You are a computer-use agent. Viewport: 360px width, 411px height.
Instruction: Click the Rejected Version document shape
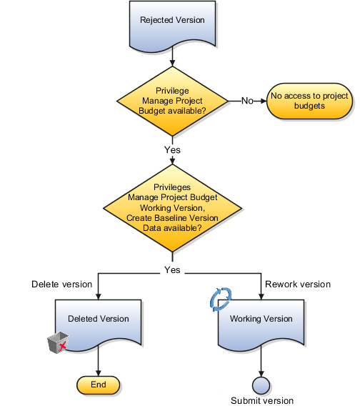click(x=171, y=24)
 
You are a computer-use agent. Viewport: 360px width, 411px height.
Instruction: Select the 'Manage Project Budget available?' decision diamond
click(x=171, y=101)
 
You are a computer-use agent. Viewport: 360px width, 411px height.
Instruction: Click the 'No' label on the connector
click(x=247, y=101)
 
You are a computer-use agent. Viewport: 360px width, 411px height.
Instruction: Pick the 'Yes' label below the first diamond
click(x=171, y=150)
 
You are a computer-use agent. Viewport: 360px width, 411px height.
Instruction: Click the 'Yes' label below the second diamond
click(x=171, y=270)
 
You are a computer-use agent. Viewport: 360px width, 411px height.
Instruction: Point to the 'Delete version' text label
click(x=62, y=284)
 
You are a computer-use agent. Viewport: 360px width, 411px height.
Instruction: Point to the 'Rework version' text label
click(x=298, y=284)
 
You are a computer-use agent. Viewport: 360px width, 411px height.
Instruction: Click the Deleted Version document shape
click(x=98, y=322)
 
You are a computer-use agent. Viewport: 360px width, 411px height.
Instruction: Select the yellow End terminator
click(x=98, y=385)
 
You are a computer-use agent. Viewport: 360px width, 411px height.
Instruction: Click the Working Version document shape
click(x=261, y=322)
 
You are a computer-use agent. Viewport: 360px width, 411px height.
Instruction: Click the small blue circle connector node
click(x=261, y=385)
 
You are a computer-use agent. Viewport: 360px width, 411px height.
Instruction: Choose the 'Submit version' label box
click(x=261, y=400)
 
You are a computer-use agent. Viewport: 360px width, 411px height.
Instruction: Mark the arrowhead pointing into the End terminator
click(x=98, y=371)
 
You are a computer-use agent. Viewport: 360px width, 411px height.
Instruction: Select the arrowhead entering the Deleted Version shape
click(x=98, y=294)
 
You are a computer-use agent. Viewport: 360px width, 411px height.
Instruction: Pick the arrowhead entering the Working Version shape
click(x=261, y=294)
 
